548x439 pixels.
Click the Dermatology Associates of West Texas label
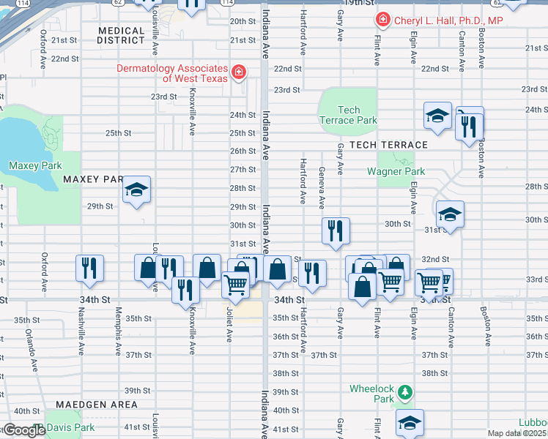click(172, 73)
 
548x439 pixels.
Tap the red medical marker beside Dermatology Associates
click(238, 72)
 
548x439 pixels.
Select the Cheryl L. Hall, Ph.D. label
click(448, 21)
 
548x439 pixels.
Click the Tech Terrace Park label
click(347, 115)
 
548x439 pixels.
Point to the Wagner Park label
click(396, 171)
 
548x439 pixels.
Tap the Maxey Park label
click(35, 165)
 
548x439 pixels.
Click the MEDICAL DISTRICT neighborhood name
click(120, 35)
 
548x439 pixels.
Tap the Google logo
click(24, 430)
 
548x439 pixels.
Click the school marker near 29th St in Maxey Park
click(136, 190)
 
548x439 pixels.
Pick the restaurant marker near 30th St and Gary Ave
click(336, 230)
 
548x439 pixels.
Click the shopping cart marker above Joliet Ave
click(234, 283)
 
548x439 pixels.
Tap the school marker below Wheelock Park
click(410, 421)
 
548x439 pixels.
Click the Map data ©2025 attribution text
click(517, 433)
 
